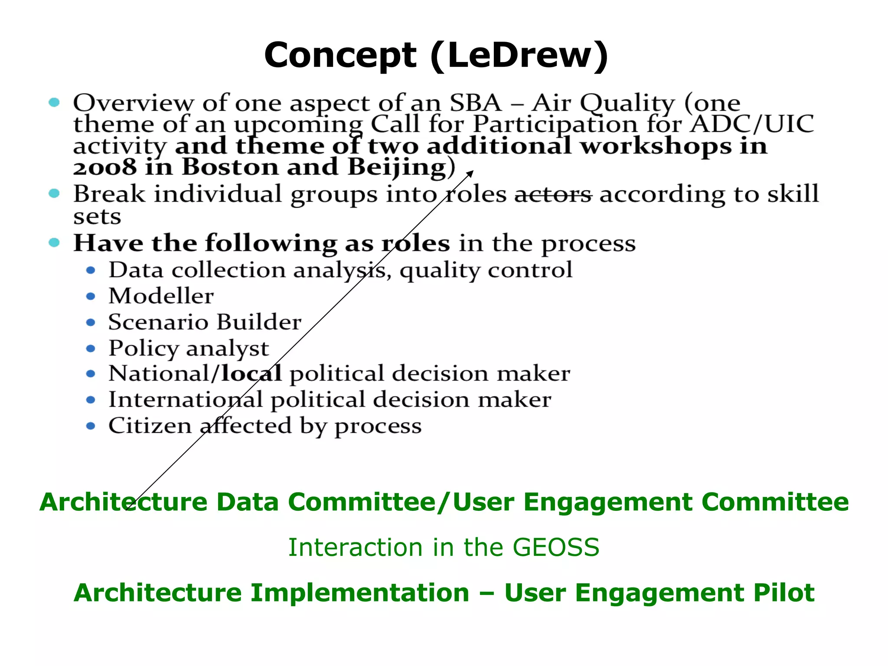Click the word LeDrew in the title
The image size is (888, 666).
pyautogui.click(x=520, y=55)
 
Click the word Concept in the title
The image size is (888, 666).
pyautogui.click(x=340, y=55)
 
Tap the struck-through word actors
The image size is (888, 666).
pyautogui.click(x=553, y=194)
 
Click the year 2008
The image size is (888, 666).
pyautogui.click(x=104, y=168)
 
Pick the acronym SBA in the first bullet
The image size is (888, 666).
pyautogui.click(x=475, y=103)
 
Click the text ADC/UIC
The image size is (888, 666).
pyautogui.click(x=752, y=124)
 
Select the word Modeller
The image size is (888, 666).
pyautogui.click(x=161, y=296)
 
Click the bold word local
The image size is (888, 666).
pyautogui.click(x=251, y=373)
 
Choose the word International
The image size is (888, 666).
pyautogui.click(x=186, y=399)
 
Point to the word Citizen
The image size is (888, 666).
pyautogui.click(x=150, y=425)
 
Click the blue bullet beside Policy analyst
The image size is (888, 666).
pyautogui.click(x=91, y=349)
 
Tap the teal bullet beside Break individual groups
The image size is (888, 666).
pyautogui.click(x=54, y=193)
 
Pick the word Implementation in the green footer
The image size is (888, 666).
pyautogui.click(x=360, y=593)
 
